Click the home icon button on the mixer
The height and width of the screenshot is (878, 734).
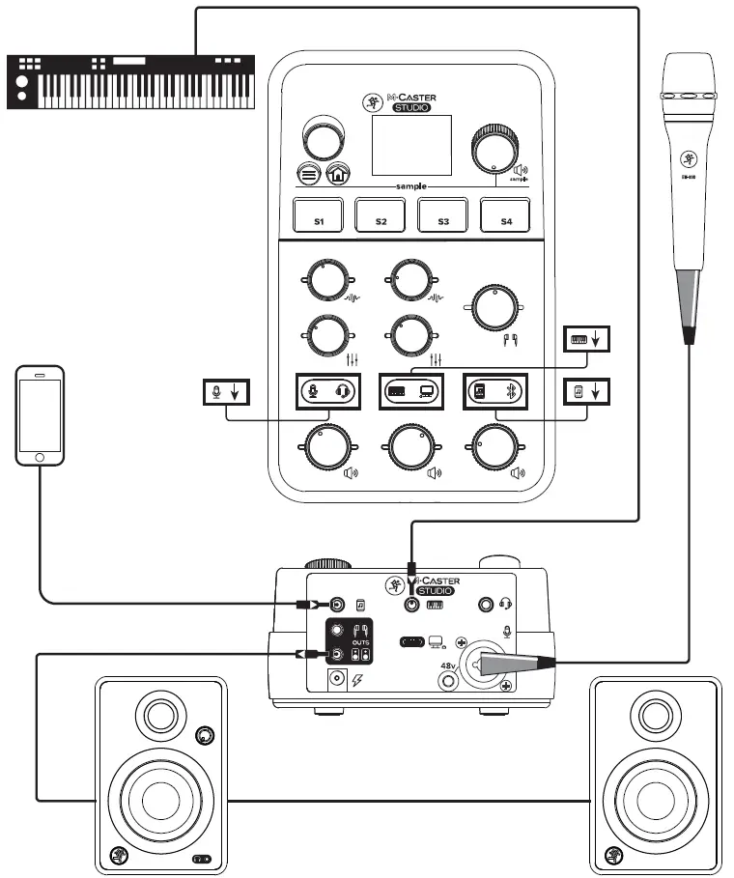337,174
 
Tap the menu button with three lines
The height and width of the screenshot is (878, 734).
309,175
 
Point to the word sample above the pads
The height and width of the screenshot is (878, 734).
412,185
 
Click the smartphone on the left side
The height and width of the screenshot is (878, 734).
40,413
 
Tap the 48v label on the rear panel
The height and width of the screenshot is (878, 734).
448,666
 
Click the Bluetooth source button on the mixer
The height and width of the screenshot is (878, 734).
495,391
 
